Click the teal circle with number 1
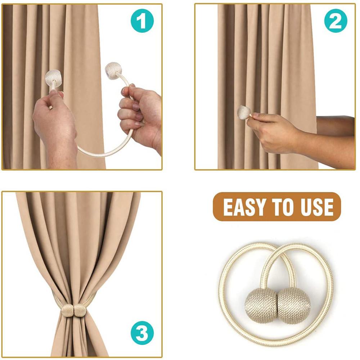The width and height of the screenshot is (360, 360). point(142,21)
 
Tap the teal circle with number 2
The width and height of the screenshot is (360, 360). point(336,21)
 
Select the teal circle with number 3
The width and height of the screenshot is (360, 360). point(142,333)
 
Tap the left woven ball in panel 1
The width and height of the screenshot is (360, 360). point(54,78)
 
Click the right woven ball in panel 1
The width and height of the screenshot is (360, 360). point(113,71)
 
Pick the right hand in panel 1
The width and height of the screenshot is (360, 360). point(140,115)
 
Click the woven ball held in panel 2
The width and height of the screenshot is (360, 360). point(244,112)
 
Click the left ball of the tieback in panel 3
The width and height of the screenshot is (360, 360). point(68,310)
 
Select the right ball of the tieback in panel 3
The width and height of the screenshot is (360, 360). point(80,310)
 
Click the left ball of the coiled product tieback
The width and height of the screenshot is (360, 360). point(261,305)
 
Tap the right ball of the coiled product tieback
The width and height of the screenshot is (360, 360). point(294,306)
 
